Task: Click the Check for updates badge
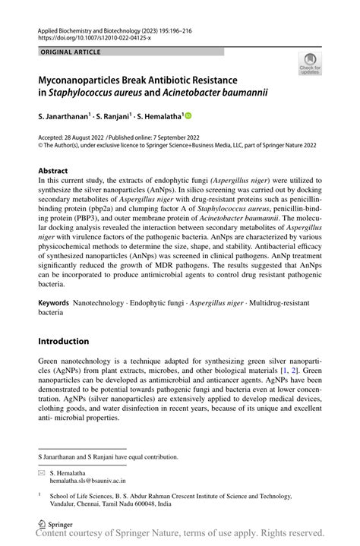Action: click(310, 65)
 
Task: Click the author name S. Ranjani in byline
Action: click(113, 118)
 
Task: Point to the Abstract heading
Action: click(52, 171)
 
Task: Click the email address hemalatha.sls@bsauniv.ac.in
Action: click(87, 481)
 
